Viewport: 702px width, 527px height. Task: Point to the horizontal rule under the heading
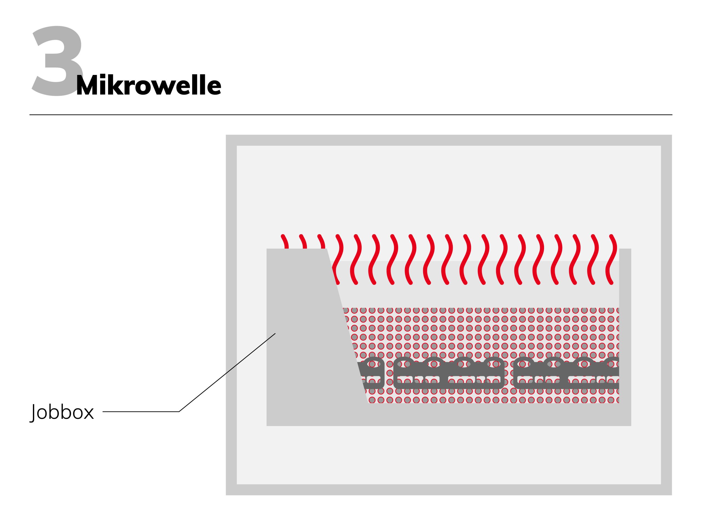[x=351, y=115]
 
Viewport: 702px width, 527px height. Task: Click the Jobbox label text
[x=62, y=412]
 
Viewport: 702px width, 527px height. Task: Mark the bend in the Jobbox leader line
[x=179, y=412]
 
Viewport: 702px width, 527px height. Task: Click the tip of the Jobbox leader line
[x=275, y=333]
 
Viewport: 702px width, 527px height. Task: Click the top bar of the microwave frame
[x=449, y=140]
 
